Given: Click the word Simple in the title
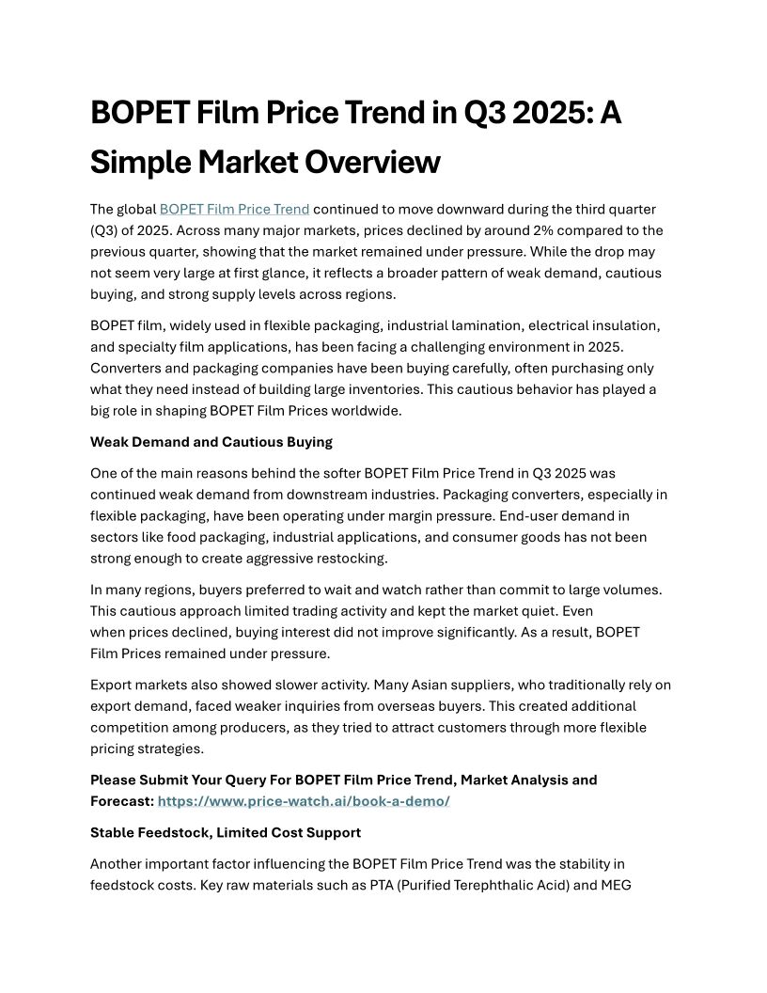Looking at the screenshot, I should point(139,163).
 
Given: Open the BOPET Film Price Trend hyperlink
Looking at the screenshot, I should point(234,209).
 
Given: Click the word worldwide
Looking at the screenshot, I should point(369,410).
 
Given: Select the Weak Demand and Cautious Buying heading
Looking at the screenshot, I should point(211,442).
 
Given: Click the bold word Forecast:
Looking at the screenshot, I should point(122,801).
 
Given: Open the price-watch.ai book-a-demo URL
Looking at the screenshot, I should point(304,801).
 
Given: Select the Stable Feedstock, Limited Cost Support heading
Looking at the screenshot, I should point(226,832).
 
